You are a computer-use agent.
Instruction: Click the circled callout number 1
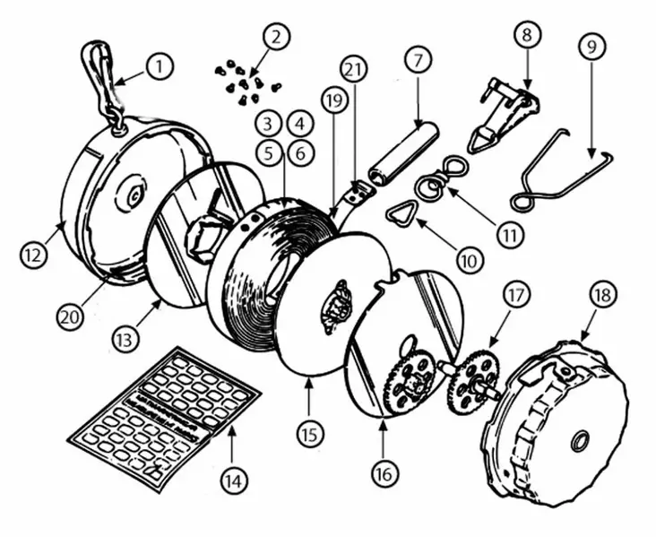[160, 66]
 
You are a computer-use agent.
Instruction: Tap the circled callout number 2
[276, 37]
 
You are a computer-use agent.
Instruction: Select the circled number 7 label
[418, 60]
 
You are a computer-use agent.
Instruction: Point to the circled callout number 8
[527, 34]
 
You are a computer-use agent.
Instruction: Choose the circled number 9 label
[592, 47]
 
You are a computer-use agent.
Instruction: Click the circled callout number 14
[234, 481]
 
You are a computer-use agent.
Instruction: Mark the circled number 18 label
[603, 295]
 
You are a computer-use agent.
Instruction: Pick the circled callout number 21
[353, 70]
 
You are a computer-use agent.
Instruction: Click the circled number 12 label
[33, 254]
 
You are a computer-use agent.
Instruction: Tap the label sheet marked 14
[164, 420]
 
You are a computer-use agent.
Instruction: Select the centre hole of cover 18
[579, 441]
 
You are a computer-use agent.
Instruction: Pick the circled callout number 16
[384, 474]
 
